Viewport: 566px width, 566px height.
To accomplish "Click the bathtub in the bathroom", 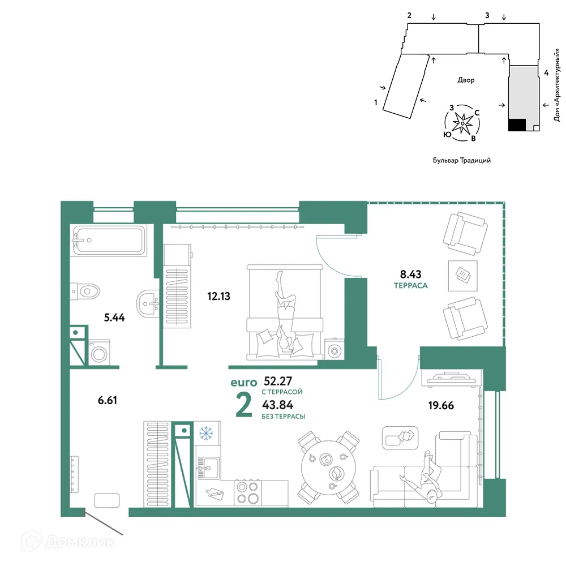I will pos(108,241).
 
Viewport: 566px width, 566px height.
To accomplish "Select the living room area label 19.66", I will pos(440,405).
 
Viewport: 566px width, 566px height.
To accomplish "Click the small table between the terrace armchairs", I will pos(463,275).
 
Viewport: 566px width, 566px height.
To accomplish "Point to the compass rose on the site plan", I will pos(463,121).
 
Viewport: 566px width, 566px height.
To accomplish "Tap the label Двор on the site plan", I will pos(466,80).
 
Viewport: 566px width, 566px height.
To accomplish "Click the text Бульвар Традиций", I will pos(461,160).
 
